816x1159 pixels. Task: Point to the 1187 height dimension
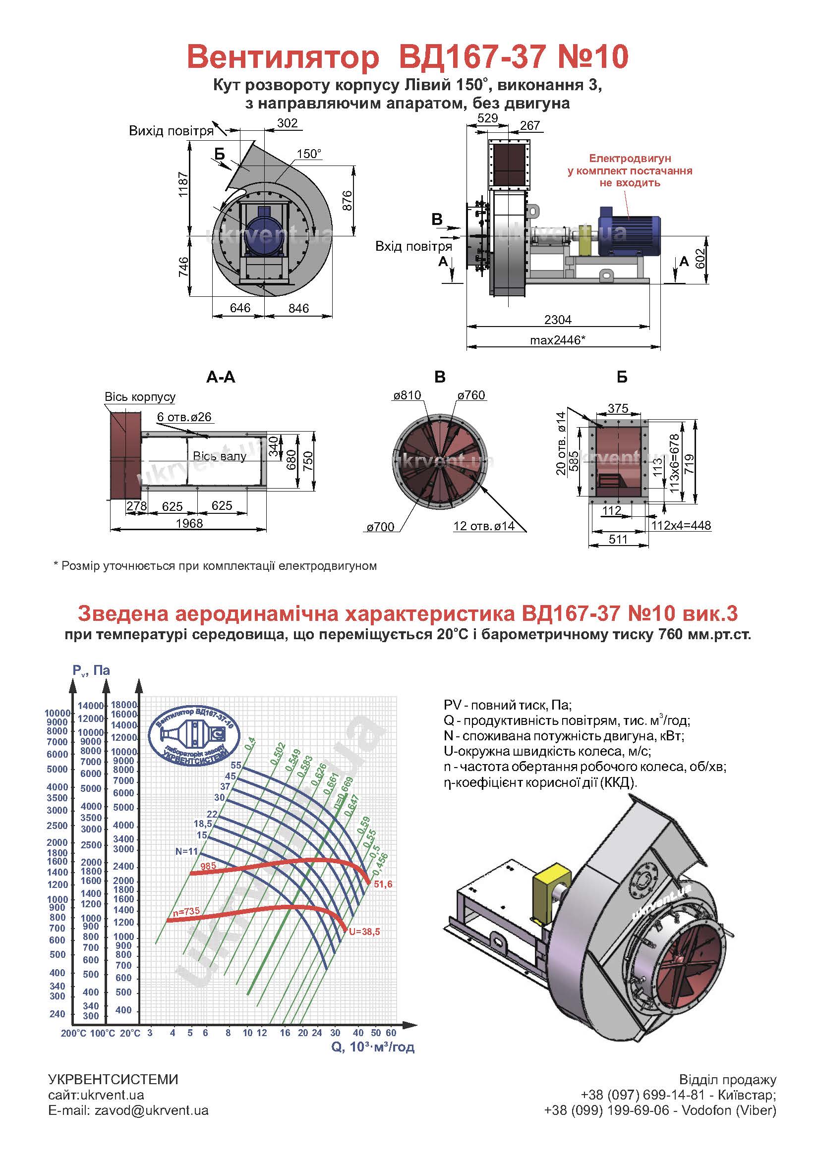183,185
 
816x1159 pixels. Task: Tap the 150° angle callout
309,154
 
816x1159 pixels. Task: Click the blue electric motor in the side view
629,232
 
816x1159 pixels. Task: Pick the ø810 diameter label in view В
407,395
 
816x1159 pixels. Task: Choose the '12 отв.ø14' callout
483,526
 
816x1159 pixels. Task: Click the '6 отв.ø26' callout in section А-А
184,417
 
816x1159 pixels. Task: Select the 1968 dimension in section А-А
189,523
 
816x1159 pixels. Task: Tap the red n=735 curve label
186,912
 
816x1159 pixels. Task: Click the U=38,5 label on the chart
364,932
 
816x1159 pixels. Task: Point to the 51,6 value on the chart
382,884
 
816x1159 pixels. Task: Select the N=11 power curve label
186,851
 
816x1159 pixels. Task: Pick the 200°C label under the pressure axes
74,1033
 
